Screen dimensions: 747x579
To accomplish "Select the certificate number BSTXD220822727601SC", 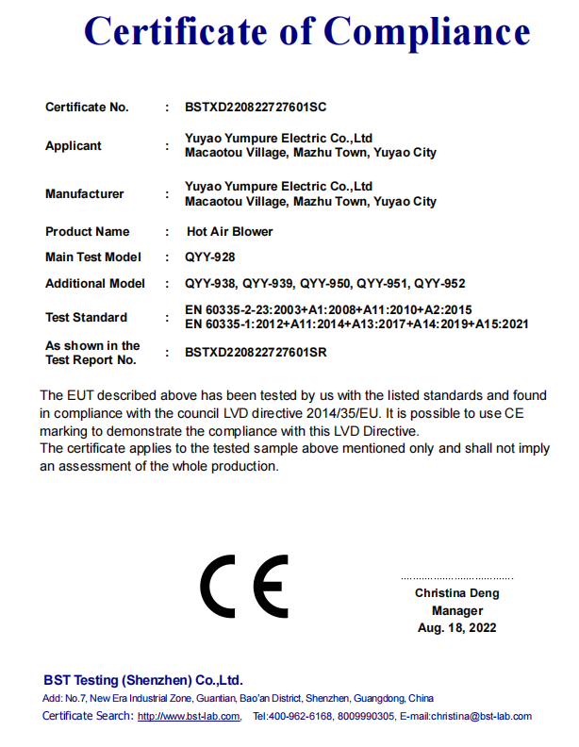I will click(256, 108).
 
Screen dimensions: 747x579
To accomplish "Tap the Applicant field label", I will click(74, 146).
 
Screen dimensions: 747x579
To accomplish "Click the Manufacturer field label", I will click(85, 194).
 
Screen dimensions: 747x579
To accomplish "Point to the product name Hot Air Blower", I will click(230, 232).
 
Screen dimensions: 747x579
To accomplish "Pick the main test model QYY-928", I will click(210, 257).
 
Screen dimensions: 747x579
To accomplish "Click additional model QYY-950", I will click(325, 284).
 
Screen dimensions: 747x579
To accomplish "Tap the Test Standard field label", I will click(86, 318).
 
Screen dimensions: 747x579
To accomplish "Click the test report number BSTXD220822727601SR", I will click(256, 353).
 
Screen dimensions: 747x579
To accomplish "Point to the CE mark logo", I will click(244, 588).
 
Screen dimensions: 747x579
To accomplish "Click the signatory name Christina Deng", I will click(457, 593).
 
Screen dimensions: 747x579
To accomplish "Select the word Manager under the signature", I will click(457, 610).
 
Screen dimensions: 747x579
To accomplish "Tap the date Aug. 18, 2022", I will click(457, 628).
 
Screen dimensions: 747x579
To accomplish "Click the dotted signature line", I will click(457, 577).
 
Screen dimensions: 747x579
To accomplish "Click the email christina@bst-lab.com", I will click(481, 717).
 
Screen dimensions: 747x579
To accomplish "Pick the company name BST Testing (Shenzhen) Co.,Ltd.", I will click(143, 680).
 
